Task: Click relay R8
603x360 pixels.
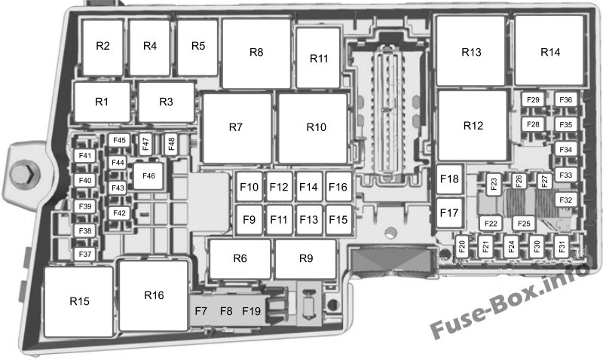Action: pos(256,53)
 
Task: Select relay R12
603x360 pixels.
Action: pos(473,126)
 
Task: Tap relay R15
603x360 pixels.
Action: pos(79,301)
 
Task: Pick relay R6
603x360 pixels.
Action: pos(240,258)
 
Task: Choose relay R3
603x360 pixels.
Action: pos(166,102)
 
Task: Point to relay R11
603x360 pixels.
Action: pos(318,58)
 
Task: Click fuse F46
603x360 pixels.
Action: pos(148,176)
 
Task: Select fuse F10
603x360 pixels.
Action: pos(249,187)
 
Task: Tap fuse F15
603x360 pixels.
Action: pos(338,220)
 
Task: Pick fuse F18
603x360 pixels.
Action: pos(449,179)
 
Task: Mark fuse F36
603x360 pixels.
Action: pos(566,100)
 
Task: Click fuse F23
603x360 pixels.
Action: pos(494,185)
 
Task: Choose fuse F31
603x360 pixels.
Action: pos(562,247)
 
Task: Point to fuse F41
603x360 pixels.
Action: pos(85,156)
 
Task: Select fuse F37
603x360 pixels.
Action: pos(85,254)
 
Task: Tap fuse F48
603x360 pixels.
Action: pos(171,144)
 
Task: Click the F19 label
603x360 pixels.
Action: pos(252,311)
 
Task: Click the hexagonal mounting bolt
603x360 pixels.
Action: pos(24,174)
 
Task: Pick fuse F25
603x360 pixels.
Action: pos(524,223)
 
